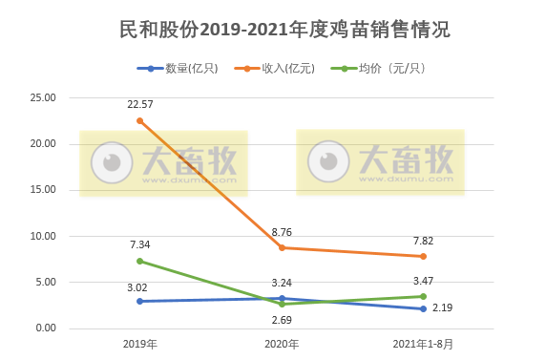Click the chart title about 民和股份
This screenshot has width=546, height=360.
[273, 30]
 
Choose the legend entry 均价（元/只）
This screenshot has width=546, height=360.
[385, 69]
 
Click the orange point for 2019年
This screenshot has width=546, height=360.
[140, 120]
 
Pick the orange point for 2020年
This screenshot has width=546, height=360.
[282, 247]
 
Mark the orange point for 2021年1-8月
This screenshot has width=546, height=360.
[423, 256]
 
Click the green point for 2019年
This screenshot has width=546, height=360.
[140, 261]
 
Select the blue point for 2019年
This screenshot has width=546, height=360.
[140, 301]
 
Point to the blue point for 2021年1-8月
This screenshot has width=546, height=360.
[423, 308]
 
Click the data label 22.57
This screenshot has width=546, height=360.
[140, 104]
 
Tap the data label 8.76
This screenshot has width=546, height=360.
[282, 231]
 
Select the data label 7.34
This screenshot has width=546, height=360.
[140, 244]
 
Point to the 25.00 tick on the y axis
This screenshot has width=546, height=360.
[44, 97]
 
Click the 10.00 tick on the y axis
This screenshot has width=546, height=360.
[44, 236]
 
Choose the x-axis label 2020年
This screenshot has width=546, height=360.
[282, 343]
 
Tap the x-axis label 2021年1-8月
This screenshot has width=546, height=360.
[423, 343]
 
